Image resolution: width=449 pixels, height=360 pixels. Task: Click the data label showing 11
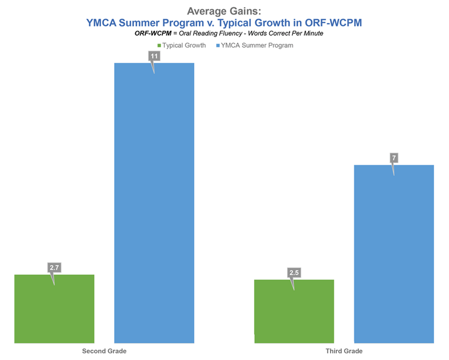click(x=154, y=56)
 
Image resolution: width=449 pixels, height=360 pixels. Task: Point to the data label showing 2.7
click(x=54, y=267)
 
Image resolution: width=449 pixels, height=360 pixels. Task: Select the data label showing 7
click(x=394, y=158)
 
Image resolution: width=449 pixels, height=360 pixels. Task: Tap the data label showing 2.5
click(x=294, y=272)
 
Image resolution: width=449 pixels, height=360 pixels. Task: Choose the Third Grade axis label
click(x=344, y=351)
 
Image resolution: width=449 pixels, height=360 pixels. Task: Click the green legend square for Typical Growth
click(x=159, y=46)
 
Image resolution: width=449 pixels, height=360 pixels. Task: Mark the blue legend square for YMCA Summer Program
click(x=218, y=46)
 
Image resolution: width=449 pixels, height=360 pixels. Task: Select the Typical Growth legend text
click(x=184, y=46)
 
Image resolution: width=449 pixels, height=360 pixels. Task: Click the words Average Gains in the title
click(x=224, y=11)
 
